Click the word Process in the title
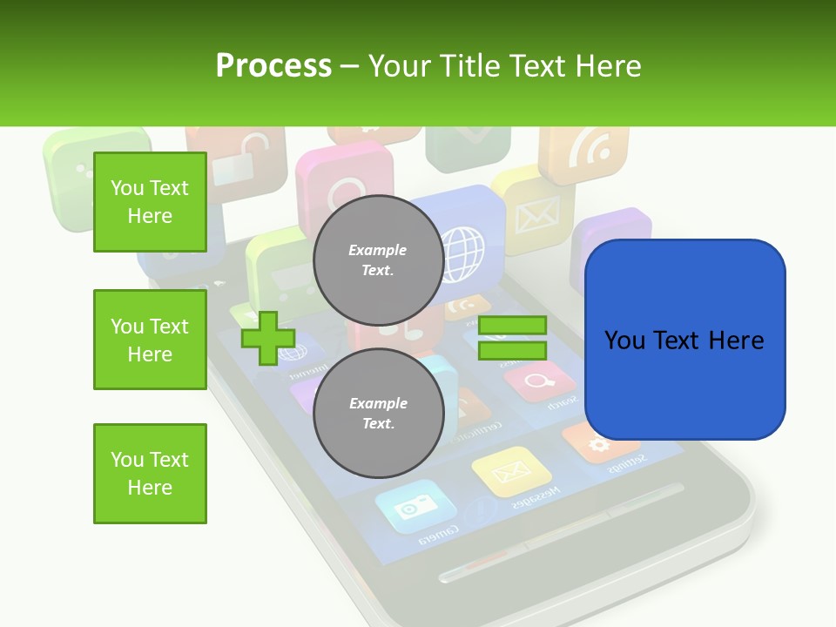click(x=273, y=65)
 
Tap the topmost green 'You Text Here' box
click(x=150, y=202)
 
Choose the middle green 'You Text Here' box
click(x=150, y=340)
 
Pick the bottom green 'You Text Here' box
click(x=150, y=473)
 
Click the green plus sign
click(x=268, y=338)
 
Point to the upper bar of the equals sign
click(x=512, y=326)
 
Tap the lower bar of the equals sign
click(x=512, y=351)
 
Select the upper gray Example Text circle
click(x=378, y=260)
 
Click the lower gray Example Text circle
click(x=378, y=414)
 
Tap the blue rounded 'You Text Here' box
click(x=684, y=340)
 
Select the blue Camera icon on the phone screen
click(x=415, y=507)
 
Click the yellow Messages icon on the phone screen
click(x=510, y=472)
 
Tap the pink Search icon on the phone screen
click(x=538, y=381)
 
